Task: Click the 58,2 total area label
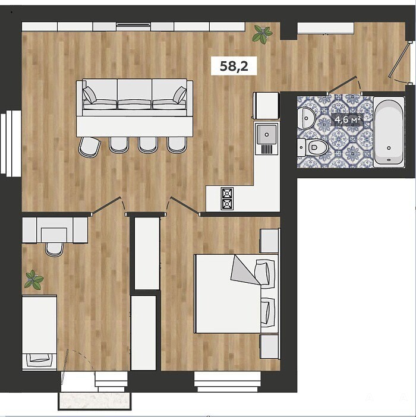coord(234,66)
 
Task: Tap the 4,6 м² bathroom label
coord(348,119)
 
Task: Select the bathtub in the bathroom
coord(389,132)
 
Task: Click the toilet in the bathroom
coord(313,147)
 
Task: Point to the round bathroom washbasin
coord(307,118)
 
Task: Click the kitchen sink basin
coord(266,134)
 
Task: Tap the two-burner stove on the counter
coord(227,198)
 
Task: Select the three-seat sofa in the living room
coord(134,97)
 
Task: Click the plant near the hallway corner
coord(262,33)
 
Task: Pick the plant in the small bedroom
coord(34,280)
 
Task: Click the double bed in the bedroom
coord(237,293)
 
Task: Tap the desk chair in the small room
coord(54,249)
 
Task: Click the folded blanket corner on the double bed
coord(244,270)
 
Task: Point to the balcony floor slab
coord(94,401)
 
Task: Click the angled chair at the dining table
coord(89,147)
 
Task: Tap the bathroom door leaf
coord(342,85)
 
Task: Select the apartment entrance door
coord(399,59)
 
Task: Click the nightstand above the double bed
coord(269,241)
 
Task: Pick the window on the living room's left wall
coord(10,144)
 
